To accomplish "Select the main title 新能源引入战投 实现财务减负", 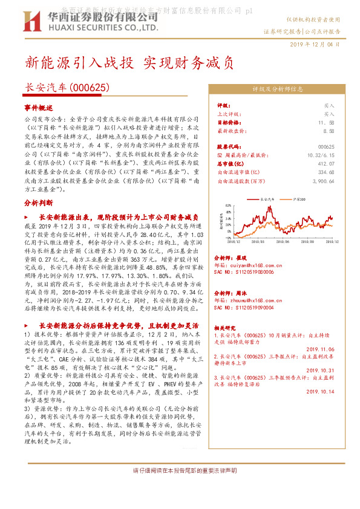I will coord(129,63).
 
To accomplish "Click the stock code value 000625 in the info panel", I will coord(326,147).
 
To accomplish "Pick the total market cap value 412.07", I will coord(326,164).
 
